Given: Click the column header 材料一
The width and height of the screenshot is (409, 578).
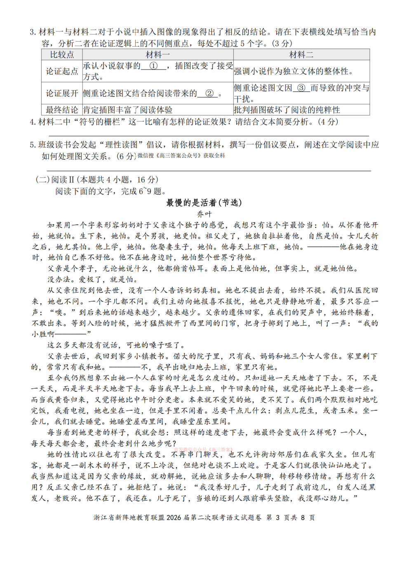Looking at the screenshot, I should pos(157,55).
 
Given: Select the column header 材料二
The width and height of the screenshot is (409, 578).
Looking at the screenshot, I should pos(301,55).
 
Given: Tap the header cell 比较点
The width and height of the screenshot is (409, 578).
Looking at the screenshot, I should pos(62,55).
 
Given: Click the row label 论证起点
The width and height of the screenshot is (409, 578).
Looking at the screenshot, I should pos(62,71).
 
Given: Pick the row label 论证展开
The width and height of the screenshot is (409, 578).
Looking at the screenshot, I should pos(62,94).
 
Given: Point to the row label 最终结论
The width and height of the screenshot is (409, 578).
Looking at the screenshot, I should pos(62,110).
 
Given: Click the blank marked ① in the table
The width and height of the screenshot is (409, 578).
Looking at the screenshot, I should pos(153,66).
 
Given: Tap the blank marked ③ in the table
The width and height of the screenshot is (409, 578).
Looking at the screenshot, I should pos(301,88).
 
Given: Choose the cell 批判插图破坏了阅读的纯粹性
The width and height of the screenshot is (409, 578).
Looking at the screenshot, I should pos(287,110).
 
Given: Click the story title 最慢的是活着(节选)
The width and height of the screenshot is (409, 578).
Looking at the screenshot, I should pos(204,203).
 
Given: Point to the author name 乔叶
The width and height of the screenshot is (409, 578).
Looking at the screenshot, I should pos(204,214).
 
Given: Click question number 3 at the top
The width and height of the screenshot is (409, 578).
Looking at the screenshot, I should pos(33,32).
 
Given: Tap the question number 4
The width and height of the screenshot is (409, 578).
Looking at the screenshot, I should pos(33,122).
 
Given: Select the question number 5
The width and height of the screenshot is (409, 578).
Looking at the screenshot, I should pos(33,145).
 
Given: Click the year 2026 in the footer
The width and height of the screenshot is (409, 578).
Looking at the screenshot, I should pos(174,517).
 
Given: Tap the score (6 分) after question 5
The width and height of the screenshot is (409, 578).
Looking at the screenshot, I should pos(126,156).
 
